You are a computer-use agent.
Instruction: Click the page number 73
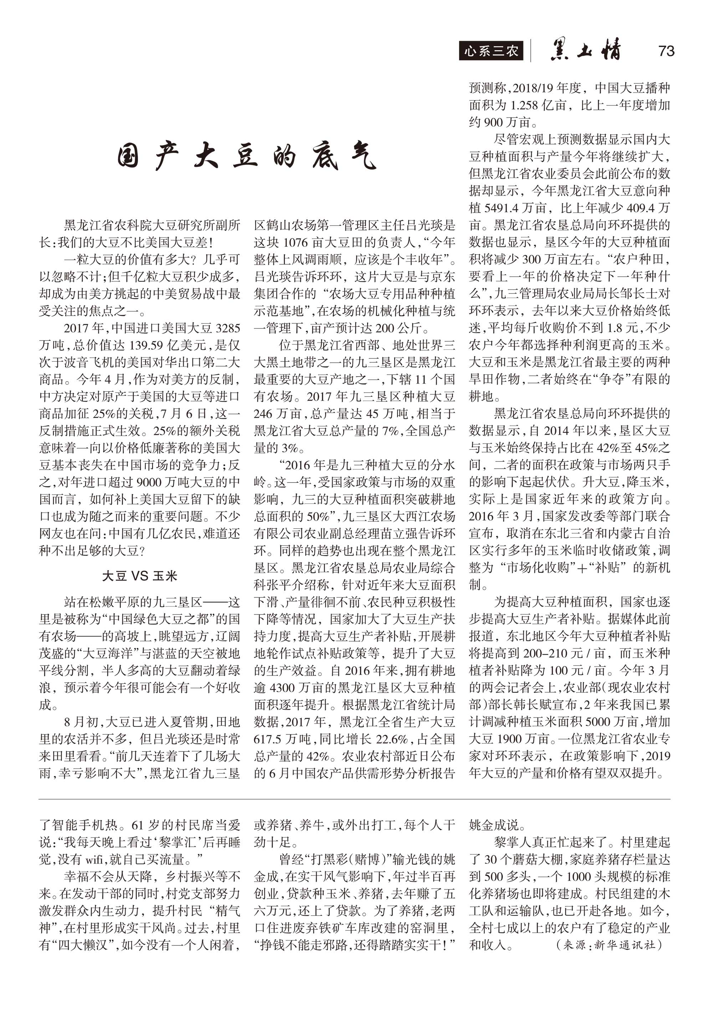666,51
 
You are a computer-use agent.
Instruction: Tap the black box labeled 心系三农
491,51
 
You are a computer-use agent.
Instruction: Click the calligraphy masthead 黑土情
586,50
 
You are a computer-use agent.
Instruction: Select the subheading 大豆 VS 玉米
140,576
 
